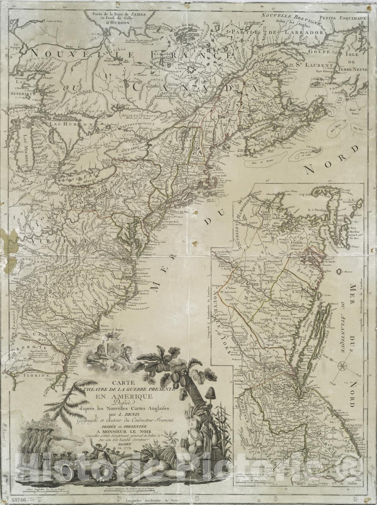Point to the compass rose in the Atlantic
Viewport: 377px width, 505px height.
342,366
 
